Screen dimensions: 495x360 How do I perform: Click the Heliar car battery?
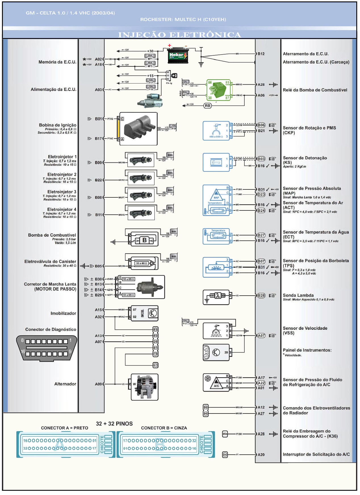coord(178,55)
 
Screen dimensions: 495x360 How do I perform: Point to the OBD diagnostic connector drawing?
coord(47,348)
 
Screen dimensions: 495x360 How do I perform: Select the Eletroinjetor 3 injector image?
coord(141,195)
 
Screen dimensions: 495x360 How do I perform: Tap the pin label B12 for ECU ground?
coord(261,54)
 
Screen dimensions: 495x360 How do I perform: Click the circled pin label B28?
coord(261,295)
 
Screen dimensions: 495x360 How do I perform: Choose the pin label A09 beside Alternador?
coord(98,384)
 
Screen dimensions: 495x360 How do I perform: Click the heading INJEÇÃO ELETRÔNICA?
coord(179,35)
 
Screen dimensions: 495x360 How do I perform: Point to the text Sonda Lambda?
coord(298,295)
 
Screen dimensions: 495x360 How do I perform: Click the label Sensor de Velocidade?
coord(305,328)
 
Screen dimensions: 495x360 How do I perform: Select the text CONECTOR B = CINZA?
coord(164,428)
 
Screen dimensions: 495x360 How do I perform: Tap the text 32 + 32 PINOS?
coord(114,424)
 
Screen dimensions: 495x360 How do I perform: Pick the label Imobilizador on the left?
coord(63,313)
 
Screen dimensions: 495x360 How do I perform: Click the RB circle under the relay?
coord(208,106)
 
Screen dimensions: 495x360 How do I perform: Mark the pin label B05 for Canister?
coord(98,266)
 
